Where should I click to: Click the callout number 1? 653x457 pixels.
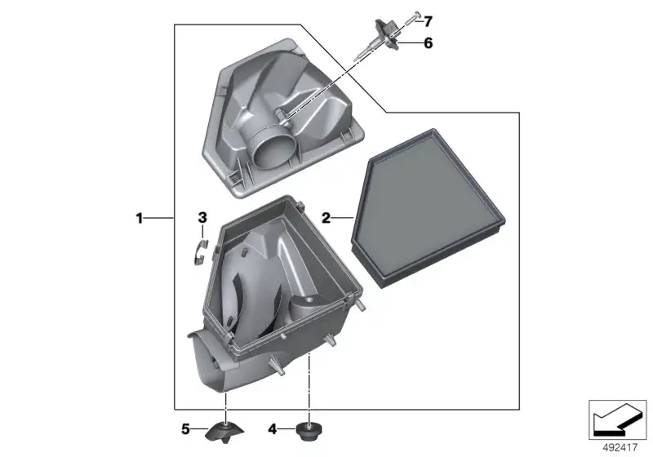coord(140,218)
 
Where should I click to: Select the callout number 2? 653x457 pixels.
coord(326,218)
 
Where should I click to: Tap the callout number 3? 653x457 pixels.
coord(202,217)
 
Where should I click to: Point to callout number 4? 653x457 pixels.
coord(273,429)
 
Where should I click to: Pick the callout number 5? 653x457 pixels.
coord(186,429)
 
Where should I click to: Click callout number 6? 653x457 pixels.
coord(428,43)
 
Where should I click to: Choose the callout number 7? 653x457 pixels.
coord(428,21)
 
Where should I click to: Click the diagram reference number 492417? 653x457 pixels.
coord(620,447)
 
